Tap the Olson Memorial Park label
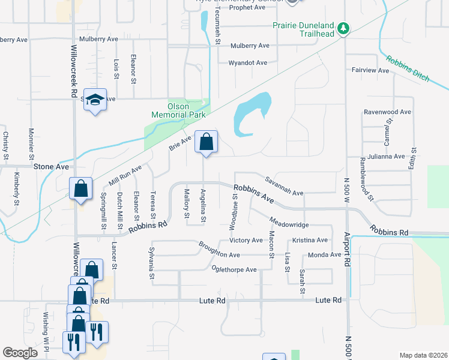(178, 110)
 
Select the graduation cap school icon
(95, 100)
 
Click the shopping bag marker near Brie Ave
(206, 143)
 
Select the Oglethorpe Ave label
(234, 269)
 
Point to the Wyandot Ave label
(248, 62)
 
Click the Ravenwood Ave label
(387, 112)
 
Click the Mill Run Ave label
(125, 174)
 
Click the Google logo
(20, 353)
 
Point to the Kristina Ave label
(310, 240)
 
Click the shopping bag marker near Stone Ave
(80, 188)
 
